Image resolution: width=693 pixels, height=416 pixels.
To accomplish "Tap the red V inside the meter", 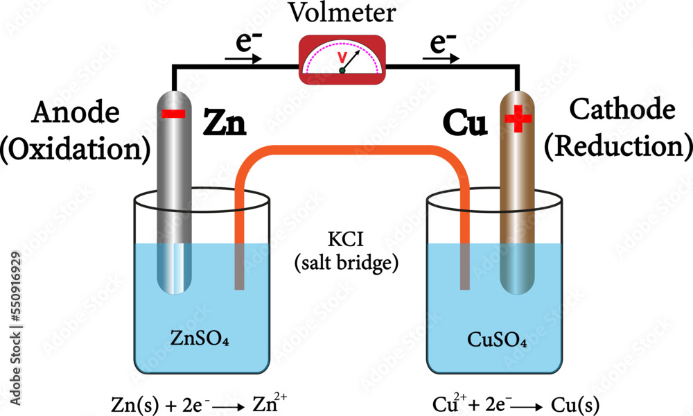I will [340, 56].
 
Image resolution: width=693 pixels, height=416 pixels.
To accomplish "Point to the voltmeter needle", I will [350, 62].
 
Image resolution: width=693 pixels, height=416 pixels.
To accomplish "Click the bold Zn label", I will [224, 125].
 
